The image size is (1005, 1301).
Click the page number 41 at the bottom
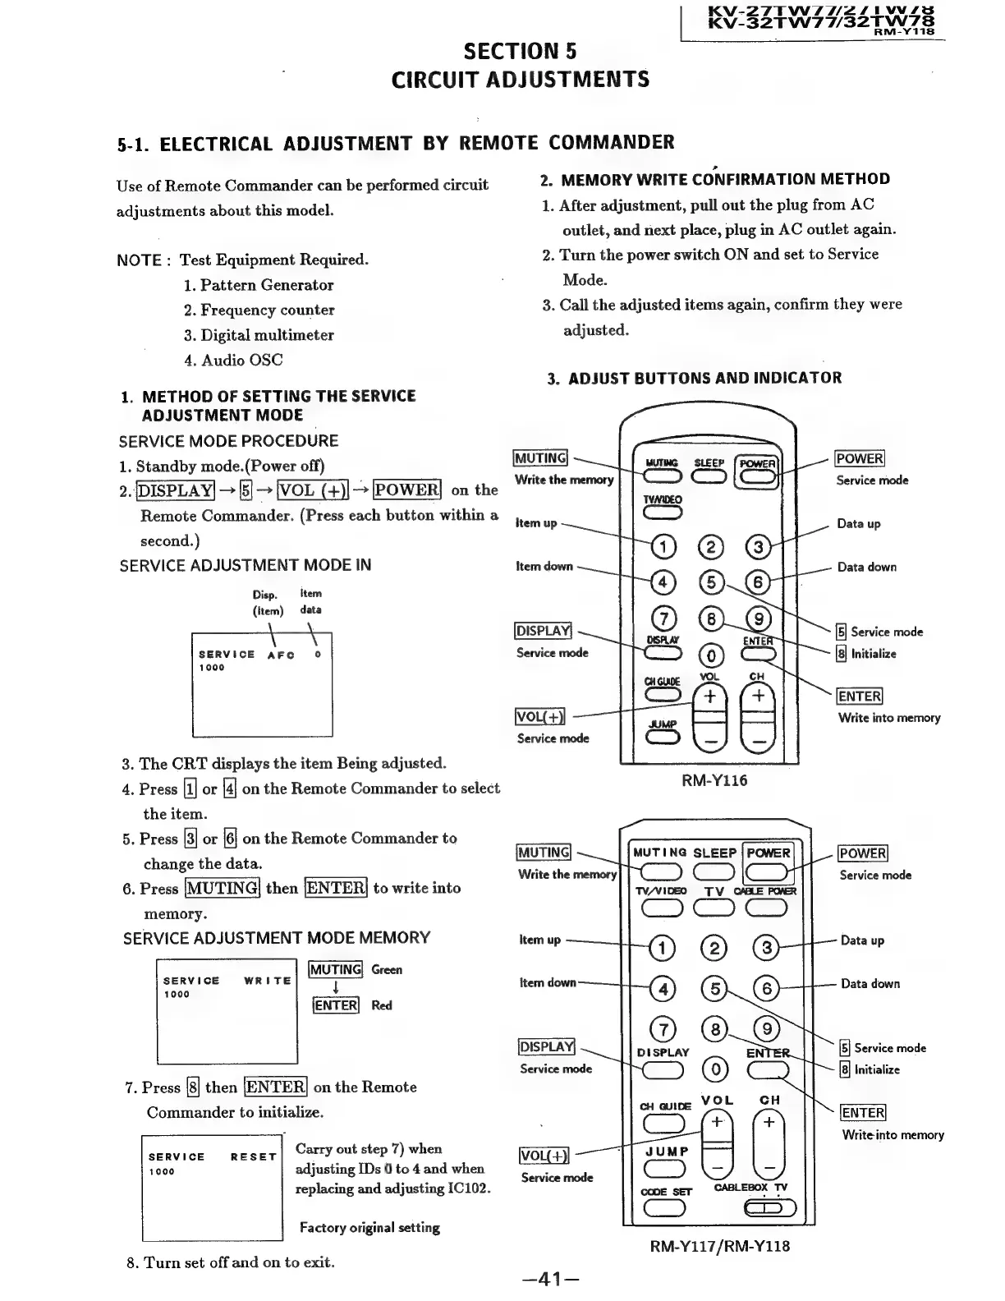point(550,1278)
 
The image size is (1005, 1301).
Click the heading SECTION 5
point(520,52)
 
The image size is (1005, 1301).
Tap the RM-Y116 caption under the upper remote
point(714,780)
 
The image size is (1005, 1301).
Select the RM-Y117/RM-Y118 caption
point(719,1246)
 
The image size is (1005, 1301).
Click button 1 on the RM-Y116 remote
point(663,546)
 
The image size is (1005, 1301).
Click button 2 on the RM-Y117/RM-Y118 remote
point(714,949)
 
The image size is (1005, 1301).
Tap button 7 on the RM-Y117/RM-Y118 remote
point(663,1029)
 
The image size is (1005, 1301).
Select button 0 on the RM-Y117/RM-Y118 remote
point(715,1069)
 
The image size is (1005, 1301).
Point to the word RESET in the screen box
point(253,1156)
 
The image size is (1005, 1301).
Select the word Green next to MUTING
point(387,970)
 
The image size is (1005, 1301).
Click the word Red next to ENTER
point(382,1005)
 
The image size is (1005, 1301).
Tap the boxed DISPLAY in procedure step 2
point(175,490)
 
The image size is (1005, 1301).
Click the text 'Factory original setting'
point(369,1228)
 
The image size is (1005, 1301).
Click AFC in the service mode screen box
point(281,655)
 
